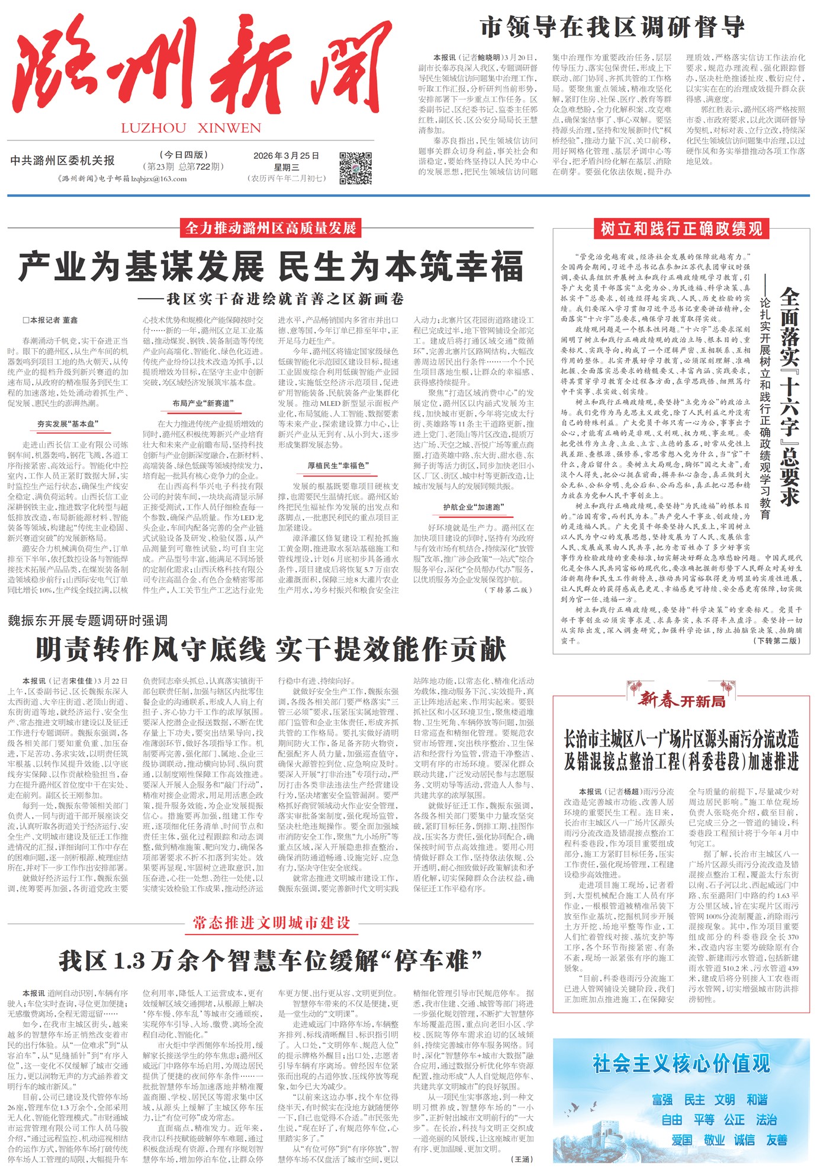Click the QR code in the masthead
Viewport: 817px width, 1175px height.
pos(356,167)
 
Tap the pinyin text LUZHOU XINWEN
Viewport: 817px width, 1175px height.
pos(191,128)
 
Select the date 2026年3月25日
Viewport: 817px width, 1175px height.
pos(287,156)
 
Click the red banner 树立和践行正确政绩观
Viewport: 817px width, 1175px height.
pos(681,229)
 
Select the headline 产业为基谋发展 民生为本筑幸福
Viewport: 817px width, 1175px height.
pos(271,267)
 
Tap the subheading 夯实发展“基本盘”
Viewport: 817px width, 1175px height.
pos(67,424)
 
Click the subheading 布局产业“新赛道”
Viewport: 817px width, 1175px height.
pos(203,404)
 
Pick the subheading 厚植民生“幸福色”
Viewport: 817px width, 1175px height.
pos(338,466)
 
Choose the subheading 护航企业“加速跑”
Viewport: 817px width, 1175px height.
pos(473,507)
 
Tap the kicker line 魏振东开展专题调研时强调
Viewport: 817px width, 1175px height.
pos(88,620)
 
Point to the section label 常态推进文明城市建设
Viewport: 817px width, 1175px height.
pos(271,923)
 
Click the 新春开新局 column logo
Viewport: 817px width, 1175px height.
pos(681,700)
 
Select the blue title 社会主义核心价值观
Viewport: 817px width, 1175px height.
pos(681,1064)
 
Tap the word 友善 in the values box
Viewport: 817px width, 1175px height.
pos(776,1139)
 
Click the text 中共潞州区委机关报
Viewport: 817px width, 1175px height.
pos(62,161)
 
